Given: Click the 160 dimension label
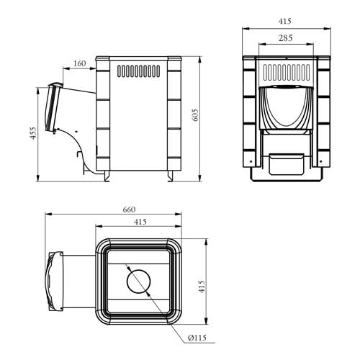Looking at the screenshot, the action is coord(79,63).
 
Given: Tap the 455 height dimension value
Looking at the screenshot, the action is coord(33,133).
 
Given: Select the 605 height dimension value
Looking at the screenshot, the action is coord(196,115).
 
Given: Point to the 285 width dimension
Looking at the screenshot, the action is coord(286,38).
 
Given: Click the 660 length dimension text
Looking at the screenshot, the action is coord(129,210).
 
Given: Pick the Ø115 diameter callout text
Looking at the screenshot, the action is coord(197,338).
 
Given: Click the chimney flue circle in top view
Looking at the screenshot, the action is coord(138,282).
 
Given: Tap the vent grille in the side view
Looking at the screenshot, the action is coord(139,71).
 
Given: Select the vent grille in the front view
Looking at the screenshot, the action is coord(287,72).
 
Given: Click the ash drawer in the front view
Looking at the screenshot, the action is coord(287,164).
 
